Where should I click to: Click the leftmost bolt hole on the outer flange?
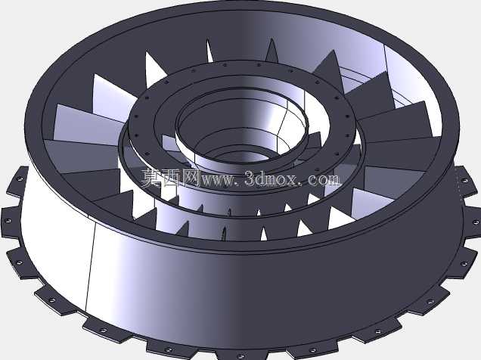tap(8, 221)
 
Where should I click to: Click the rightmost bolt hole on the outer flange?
tap(475, 222)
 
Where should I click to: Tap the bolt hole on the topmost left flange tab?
tap(19, 178)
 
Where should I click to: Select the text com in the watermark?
tap(324, 179)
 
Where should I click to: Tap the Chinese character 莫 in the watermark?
tap(151, 178)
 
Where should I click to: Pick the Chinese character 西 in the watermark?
tap(171, 178)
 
